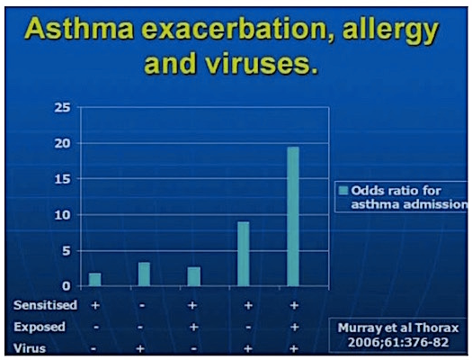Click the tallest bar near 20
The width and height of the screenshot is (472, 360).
[x=293, y=216]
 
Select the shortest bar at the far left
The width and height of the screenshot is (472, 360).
[x=95, y=279]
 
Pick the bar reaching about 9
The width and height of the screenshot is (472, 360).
[x=244, y=254]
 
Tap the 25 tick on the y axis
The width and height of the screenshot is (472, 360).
[x=63, y=108]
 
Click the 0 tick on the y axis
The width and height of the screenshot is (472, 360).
[x=66, y=286]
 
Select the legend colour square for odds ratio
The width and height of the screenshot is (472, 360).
[x=342, y=190]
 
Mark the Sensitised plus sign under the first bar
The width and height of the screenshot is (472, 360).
[x=95, y=305]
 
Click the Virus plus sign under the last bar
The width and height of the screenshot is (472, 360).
[x=293, y=346]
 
